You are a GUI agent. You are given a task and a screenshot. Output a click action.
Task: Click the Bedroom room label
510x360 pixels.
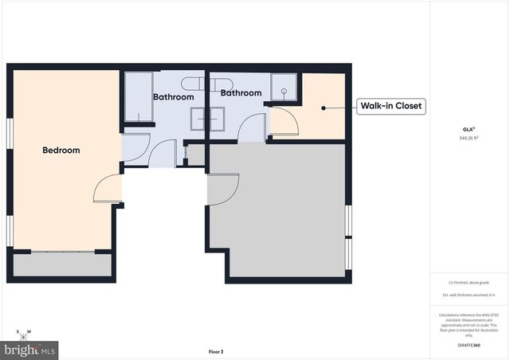pyautogui.click(x=61, y=150)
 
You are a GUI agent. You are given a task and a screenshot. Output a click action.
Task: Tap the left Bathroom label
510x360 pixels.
pyautogui.click(x=173, y=97)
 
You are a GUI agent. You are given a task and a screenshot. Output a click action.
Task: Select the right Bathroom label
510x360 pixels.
pyautogui.click(x=241, y=93)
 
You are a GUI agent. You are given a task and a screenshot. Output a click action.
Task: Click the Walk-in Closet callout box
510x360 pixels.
pyautogui.click(x=390, y=106)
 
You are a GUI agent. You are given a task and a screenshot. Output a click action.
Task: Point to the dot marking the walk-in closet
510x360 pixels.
pyautogui.click(x=323, y=107)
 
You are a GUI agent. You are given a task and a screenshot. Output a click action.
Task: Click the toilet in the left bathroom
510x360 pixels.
pyautogui.click(x=191, y=83)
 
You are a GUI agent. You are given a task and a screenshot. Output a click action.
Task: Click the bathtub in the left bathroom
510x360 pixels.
pyautogui.click(x=139, y=97)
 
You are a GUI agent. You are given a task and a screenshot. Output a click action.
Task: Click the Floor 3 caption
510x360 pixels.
pyautogui.click(x=216, y=351)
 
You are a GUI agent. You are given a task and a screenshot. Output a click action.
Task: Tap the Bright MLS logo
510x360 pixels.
pyautogui.click(x=30, y=349)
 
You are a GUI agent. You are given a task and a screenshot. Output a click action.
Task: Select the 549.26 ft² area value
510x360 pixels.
pyautogui.click(x=469, y=138)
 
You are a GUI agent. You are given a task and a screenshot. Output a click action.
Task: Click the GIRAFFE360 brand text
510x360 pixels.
pyautogui.click(x=469, y=346)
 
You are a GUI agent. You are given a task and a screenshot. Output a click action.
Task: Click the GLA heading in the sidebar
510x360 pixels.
pyautogui.click(x=469, y=128)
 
